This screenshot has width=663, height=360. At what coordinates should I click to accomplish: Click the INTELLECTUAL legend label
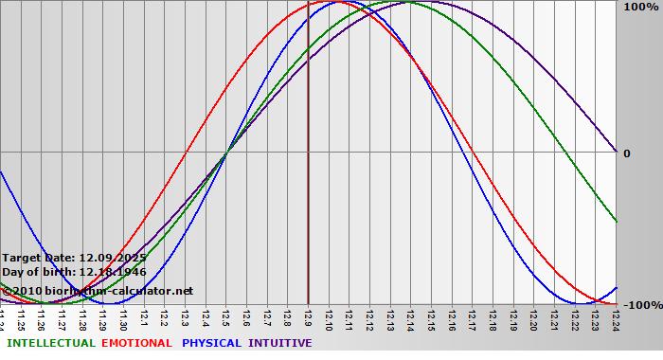pos(50,343)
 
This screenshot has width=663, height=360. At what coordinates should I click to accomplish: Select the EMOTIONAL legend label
pos(136,343)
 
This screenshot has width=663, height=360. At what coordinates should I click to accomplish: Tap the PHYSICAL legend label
pos(212,343)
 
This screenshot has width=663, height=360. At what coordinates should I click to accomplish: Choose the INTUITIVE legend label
pos(279,343)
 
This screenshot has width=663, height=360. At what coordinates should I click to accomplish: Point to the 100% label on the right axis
pos(640,8)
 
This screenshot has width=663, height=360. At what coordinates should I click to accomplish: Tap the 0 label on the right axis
pos(626,153)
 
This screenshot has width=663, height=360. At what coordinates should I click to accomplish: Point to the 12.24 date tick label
pos(617,317)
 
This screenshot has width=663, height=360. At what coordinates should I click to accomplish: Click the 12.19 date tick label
pos(513,317)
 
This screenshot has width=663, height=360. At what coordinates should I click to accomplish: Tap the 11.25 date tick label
pos(21,317)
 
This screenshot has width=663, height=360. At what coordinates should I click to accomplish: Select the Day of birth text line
pos(74,272)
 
